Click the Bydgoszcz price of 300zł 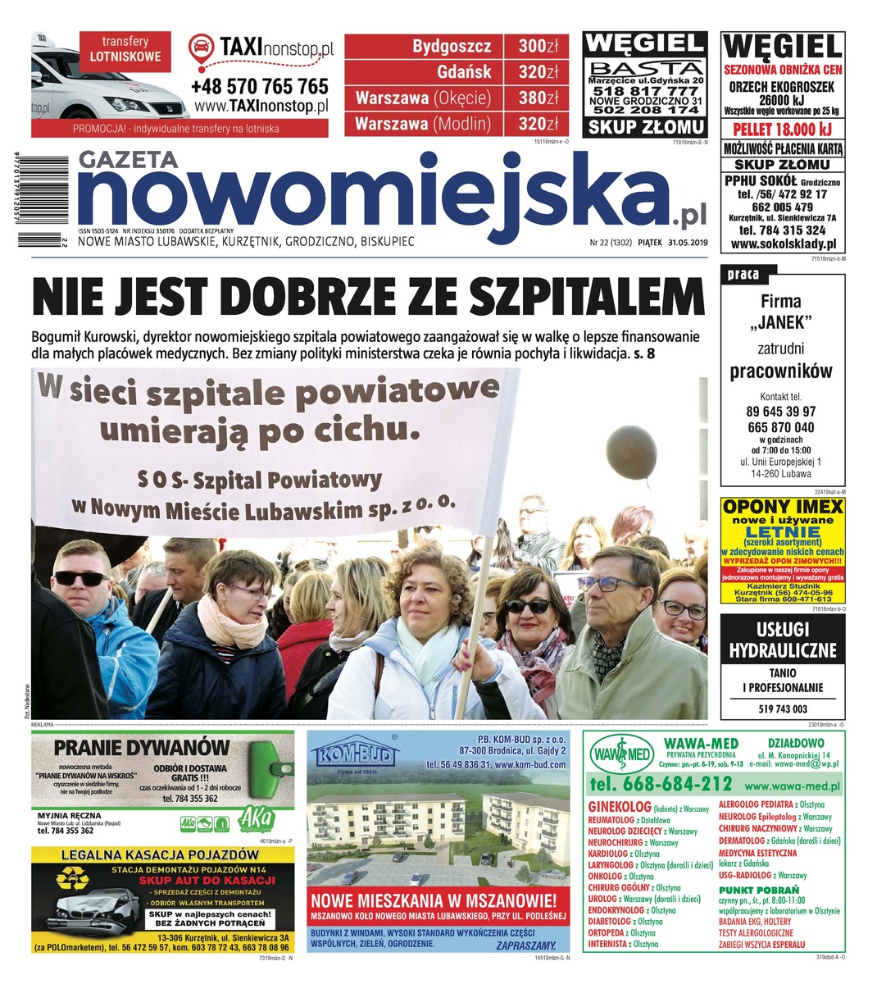click(x=538, y=46)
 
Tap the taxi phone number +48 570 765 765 click(x=259, y=86)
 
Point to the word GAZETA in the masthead click(x=128, y=161)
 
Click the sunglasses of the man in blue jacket click(x=80, y=576)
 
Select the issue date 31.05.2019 click(x=687, y=244)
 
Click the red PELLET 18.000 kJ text click(x=782, y=130)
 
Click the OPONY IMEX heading click(x=783, y=507)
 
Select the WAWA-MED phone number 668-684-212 click(x=661, y=784)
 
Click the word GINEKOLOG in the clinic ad click(x=620, y=807)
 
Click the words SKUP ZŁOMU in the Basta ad click(x=645, y=127)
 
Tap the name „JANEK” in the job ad click(x=780, y=321)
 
